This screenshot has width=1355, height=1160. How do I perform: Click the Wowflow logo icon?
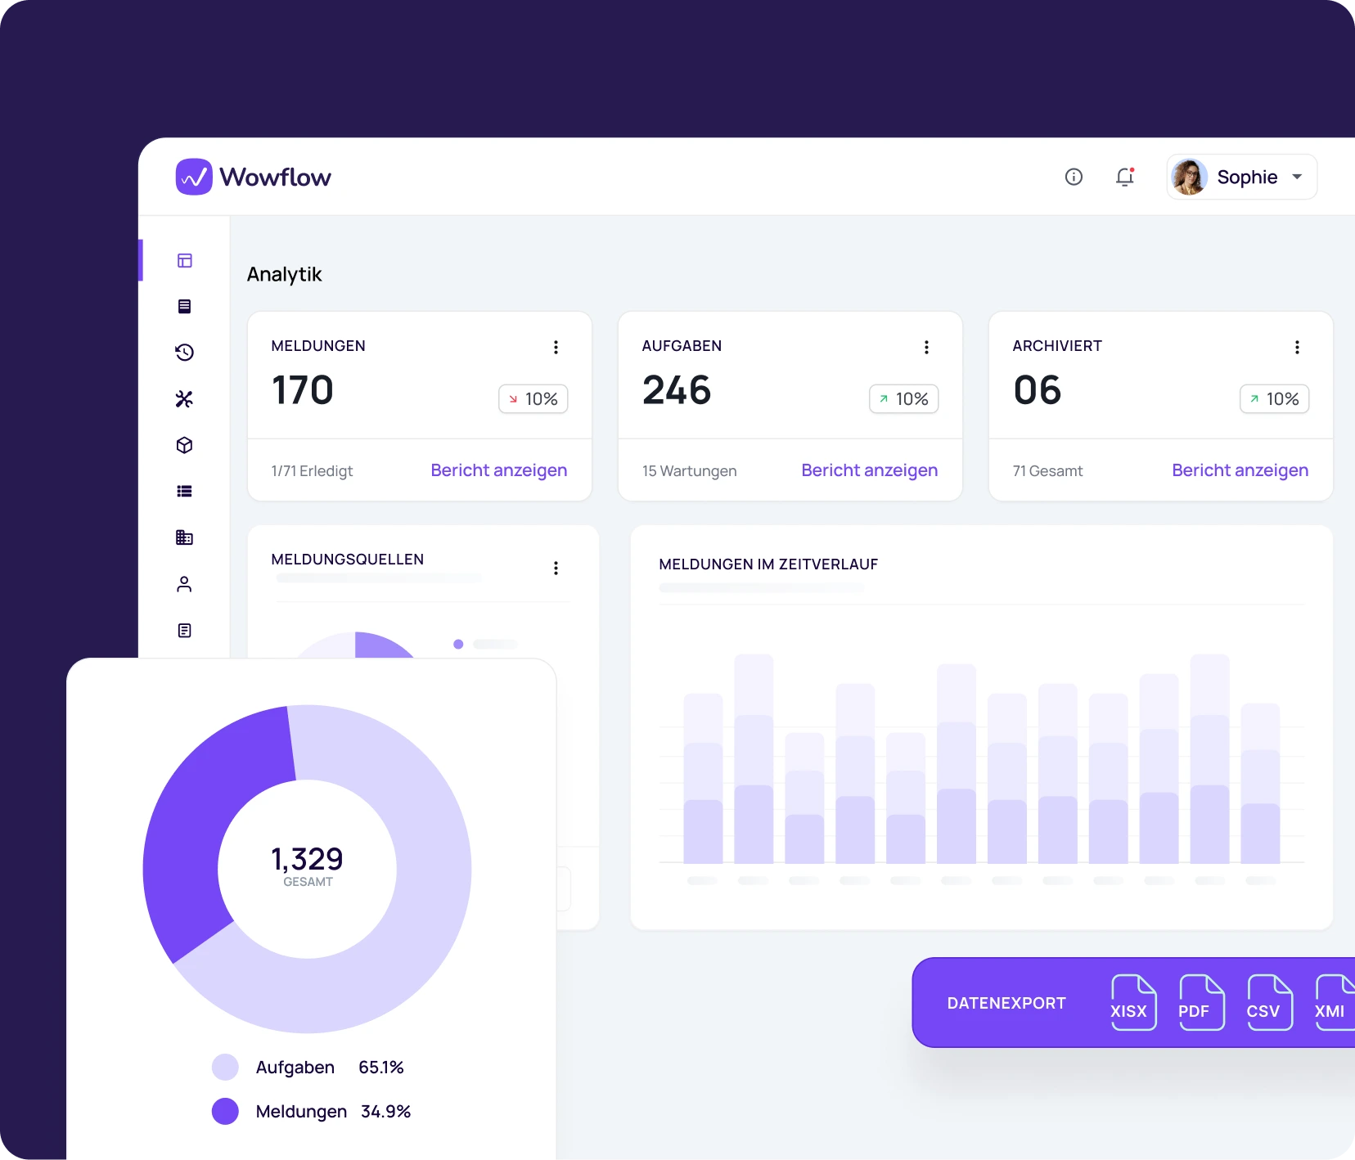tap(194, 177)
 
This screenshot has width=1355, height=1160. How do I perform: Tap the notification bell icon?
tap(1125, 177)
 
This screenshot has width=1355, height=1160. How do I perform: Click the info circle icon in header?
tap(1074, 177)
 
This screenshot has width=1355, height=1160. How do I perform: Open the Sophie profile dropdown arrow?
tap(1297, 177)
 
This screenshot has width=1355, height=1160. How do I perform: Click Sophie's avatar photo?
tap(1189, 177)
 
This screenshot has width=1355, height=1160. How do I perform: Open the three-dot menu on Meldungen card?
tap(556, 347)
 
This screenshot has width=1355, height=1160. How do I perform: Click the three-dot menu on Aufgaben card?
tap(926, 347)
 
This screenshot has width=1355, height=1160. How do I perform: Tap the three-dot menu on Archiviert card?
tap(1297, 347)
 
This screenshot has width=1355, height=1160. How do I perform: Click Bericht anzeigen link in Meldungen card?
tap(498, 470)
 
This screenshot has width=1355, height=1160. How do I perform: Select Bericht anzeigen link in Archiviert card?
tap(1240, 470)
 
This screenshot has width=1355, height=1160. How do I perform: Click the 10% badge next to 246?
tap(903, 399)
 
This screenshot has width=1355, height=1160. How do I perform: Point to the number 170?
tap(302, 389)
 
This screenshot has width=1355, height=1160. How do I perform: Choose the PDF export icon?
tap(1201, 1002)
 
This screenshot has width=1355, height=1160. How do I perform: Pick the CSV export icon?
tap(1269, 1002)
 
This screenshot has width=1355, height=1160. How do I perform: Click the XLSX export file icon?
tap(1133, 1002)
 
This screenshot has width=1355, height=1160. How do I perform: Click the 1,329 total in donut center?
tap(307, 859)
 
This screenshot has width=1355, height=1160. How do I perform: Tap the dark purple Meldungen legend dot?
tap(225, 1111)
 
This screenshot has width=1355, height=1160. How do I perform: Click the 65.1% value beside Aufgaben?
tap(381, 1068)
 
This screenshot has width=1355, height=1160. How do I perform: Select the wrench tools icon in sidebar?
tap(184, 399)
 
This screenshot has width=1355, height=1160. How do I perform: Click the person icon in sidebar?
tap(184, 584)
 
